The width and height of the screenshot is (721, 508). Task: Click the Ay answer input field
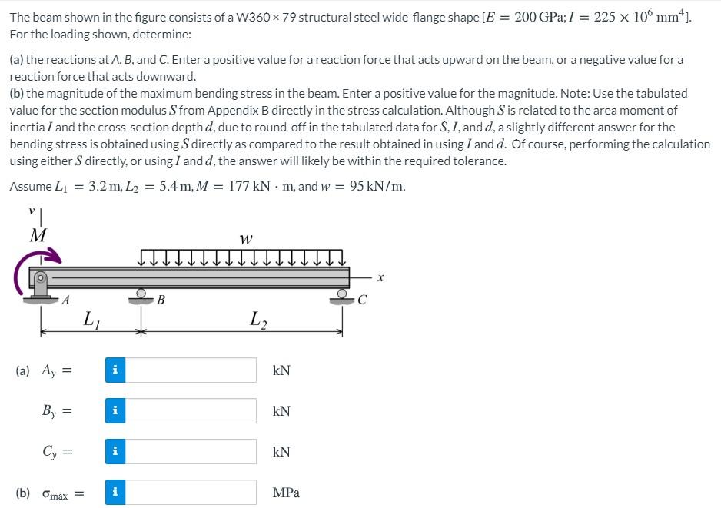(190, 370)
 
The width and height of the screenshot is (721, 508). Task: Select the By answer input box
(190, 410)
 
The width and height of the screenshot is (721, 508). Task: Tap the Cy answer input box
(190, 451)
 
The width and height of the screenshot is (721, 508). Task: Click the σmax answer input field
(190, 492)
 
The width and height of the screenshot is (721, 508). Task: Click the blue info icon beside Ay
(115, 370)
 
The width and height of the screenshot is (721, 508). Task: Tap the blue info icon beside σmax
(115, 492)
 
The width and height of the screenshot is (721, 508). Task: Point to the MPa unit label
(286, 493)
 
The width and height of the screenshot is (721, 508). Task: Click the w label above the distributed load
(245, 240)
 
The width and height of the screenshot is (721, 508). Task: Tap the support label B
(161, 300)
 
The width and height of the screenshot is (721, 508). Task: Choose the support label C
(362, 300)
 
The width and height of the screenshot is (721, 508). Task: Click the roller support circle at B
(141, 293)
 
